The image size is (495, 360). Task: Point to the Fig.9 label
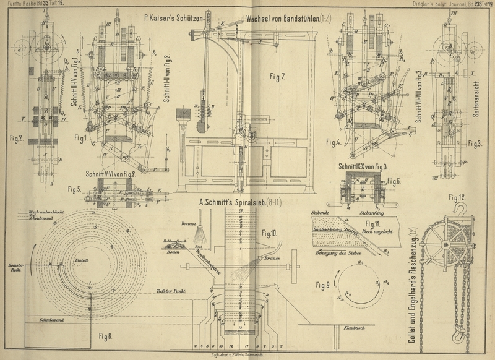(323, 286)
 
